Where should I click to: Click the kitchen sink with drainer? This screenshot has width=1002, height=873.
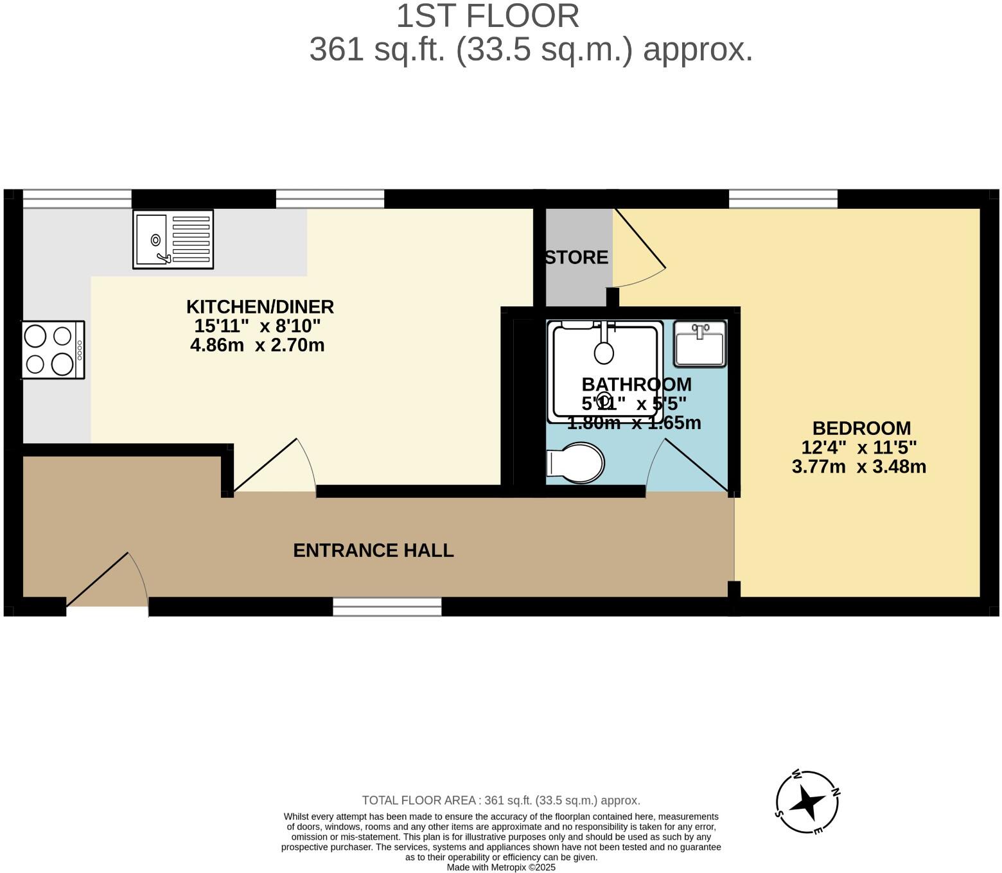pyautogui.click(x=173, y=239)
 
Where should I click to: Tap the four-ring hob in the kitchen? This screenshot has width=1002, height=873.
pyautogui.click(x=53, y=350)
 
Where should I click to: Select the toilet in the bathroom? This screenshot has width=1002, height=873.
pyautogui.click(x=576, y=463)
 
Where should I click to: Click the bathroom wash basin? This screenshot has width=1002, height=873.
pyautogui.click(x=699, y=344)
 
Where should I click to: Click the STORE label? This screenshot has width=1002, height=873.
pyautogui.click(x=576, y=258)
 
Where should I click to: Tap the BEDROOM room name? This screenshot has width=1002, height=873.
pyautogui.click(x=861, y=428)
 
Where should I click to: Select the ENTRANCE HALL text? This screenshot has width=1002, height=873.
pyautogui.click(x=373, y=551)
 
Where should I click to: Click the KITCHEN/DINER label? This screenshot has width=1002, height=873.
pyautogui.click(x=260, y=307)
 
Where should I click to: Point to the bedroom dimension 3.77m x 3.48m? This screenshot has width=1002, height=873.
pyautogui.click(x=859, y=466)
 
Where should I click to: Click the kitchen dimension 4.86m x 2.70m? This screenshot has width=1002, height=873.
pyautogui.click(x=258, y=346)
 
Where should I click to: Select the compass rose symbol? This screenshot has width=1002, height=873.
pyautogui.click(x=807, y=803)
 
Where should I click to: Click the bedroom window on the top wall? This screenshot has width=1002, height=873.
pyautogui.click(x=783, y=198)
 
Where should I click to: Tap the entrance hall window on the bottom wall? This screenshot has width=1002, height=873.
pyautogui.click(x=387, y=606)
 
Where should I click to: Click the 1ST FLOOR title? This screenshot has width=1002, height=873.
pyautogui.click(x=488, y=17)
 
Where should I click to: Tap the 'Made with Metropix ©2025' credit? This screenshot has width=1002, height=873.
pyautogui.click(x=501, y=867)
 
